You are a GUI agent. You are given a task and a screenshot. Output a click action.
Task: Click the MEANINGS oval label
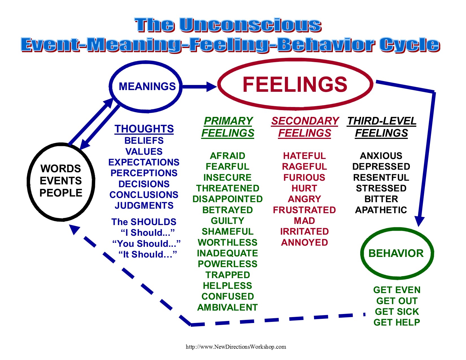pos(147,86)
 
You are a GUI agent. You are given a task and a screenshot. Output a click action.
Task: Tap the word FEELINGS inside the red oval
pos(295,84)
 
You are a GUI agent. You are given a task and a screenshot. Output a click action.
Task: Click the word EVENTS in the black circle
pos(61,181)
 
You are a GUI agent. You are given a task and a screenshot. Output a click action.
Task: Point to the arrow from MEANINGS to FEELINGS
pos(199,86)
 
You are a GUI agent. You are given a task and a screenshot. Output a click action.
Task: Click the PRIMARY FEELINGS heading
pos(228,127)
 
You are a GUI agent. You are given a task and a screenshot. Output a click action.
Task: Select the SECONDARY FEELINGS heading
pos(305,127)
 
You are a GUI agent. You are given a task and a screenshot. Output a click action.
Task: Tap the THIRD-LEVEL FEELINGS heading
pos(382,127)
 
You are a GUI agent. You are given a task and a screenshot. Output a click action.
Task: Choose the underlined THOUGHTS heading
pos(144,129)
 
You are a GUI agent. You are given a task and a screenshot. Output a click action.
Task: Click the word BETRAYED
pos(228,210)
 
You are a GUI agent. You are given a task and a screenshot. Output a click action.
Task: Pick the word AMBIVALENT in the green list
pos(228,307)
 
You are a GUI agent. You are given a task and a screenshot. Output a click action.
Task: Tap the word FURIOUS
pos(304,178)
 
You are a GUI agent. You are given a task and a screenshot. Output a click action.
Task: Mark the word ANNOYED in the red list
pos(304,243)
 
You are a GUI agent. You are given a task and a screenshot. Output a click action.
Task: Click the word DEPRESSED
pos(381,167)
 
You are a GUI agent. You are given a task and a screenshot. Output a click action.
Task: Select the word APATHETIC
pos(381,210)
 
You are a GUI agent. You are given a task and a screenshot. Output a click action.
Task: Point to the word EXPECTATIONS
pos(144,162)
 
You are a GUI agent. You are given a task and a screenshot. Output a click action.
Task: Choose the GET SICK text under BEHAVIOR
pos(397,312)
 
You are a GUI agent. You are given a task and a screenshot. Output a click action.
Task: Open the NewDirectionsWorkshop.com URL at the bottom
pos(236,347)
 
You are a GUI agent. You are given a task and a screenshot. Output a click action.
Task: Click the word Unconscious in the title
pos(250,25)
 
